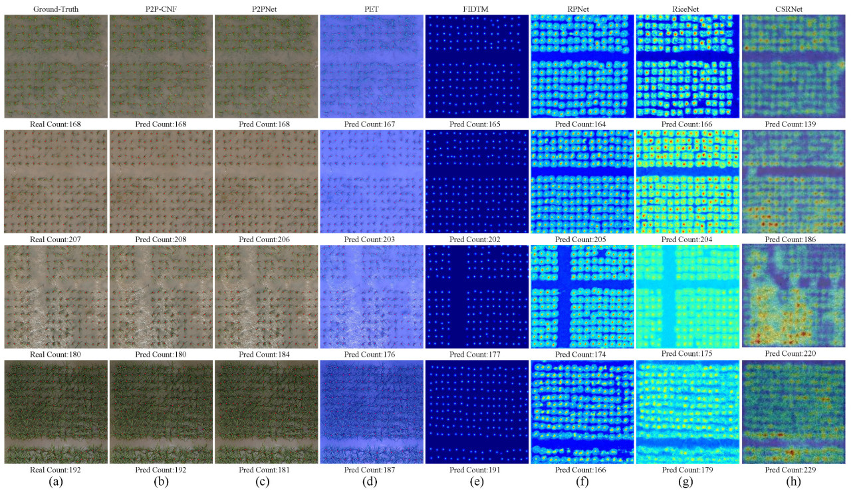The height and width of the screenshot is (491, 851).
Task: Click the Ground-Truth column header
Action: coord(55,8)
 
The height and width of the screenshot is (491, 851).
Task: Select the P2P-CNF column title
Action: coord(160,8)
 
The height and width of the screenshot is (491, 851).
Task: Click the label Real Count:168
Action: coord(55,124)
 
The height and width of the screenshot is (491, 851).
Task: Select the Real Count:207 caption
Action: coord(55,239)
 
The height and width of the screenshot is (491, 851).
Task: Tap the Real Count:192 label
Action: coord(55,470)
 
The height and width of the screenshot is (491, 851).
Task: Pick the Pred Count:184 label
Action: coord(266,354)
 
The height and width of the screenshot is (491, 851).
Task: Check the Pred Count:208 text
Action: coord(160,239)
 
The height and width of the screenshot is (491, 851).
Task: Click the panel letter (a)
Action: coord(55,482)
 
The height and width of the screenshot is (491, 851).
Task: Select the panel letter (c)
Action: coord(266,482)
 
